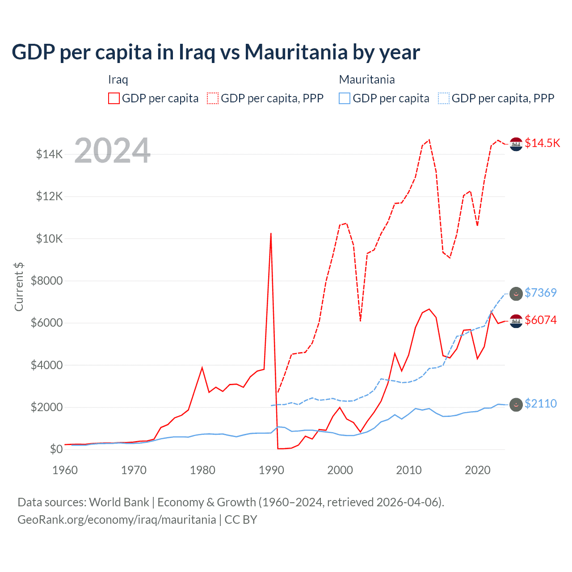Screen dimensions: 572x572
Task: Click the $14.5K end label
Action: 542,143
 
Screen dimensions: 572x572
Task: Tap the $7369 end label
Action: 540,293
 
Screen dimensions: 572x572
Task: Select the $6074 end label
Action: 540,320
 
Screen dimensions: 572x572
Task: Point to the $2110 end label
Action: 540,404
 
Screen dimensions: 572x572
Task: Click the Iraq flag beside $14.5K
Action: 516,144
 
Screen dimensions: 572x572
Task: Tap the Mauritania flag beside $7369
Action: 516,294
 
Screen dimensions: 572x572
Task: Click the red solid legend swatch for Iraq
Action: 114,98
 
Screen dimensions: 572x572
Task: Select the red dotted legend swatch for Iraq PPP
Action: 213,98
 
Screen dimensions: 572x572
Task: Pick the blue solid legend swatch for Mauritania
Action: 345,98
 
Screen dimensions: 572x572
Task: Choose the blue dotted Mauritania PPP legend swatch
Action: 444,98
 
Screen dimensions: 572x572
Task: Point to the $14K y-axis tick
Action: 49,155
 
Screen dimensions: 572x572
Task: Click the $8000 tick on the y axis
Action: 46,281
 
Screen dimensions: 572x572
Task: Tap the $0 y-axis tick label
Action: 55,449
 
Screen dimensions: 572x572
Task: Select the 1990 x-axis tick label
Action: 271,470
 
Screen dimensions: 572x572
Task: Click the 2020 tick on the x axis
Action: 478,470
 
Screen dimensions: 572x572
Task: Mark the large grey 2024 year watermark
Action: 112,151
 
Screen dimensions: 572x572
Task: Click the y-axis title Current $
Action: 19,286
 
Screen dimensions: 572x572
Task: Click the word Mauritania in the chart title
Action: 295,52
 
